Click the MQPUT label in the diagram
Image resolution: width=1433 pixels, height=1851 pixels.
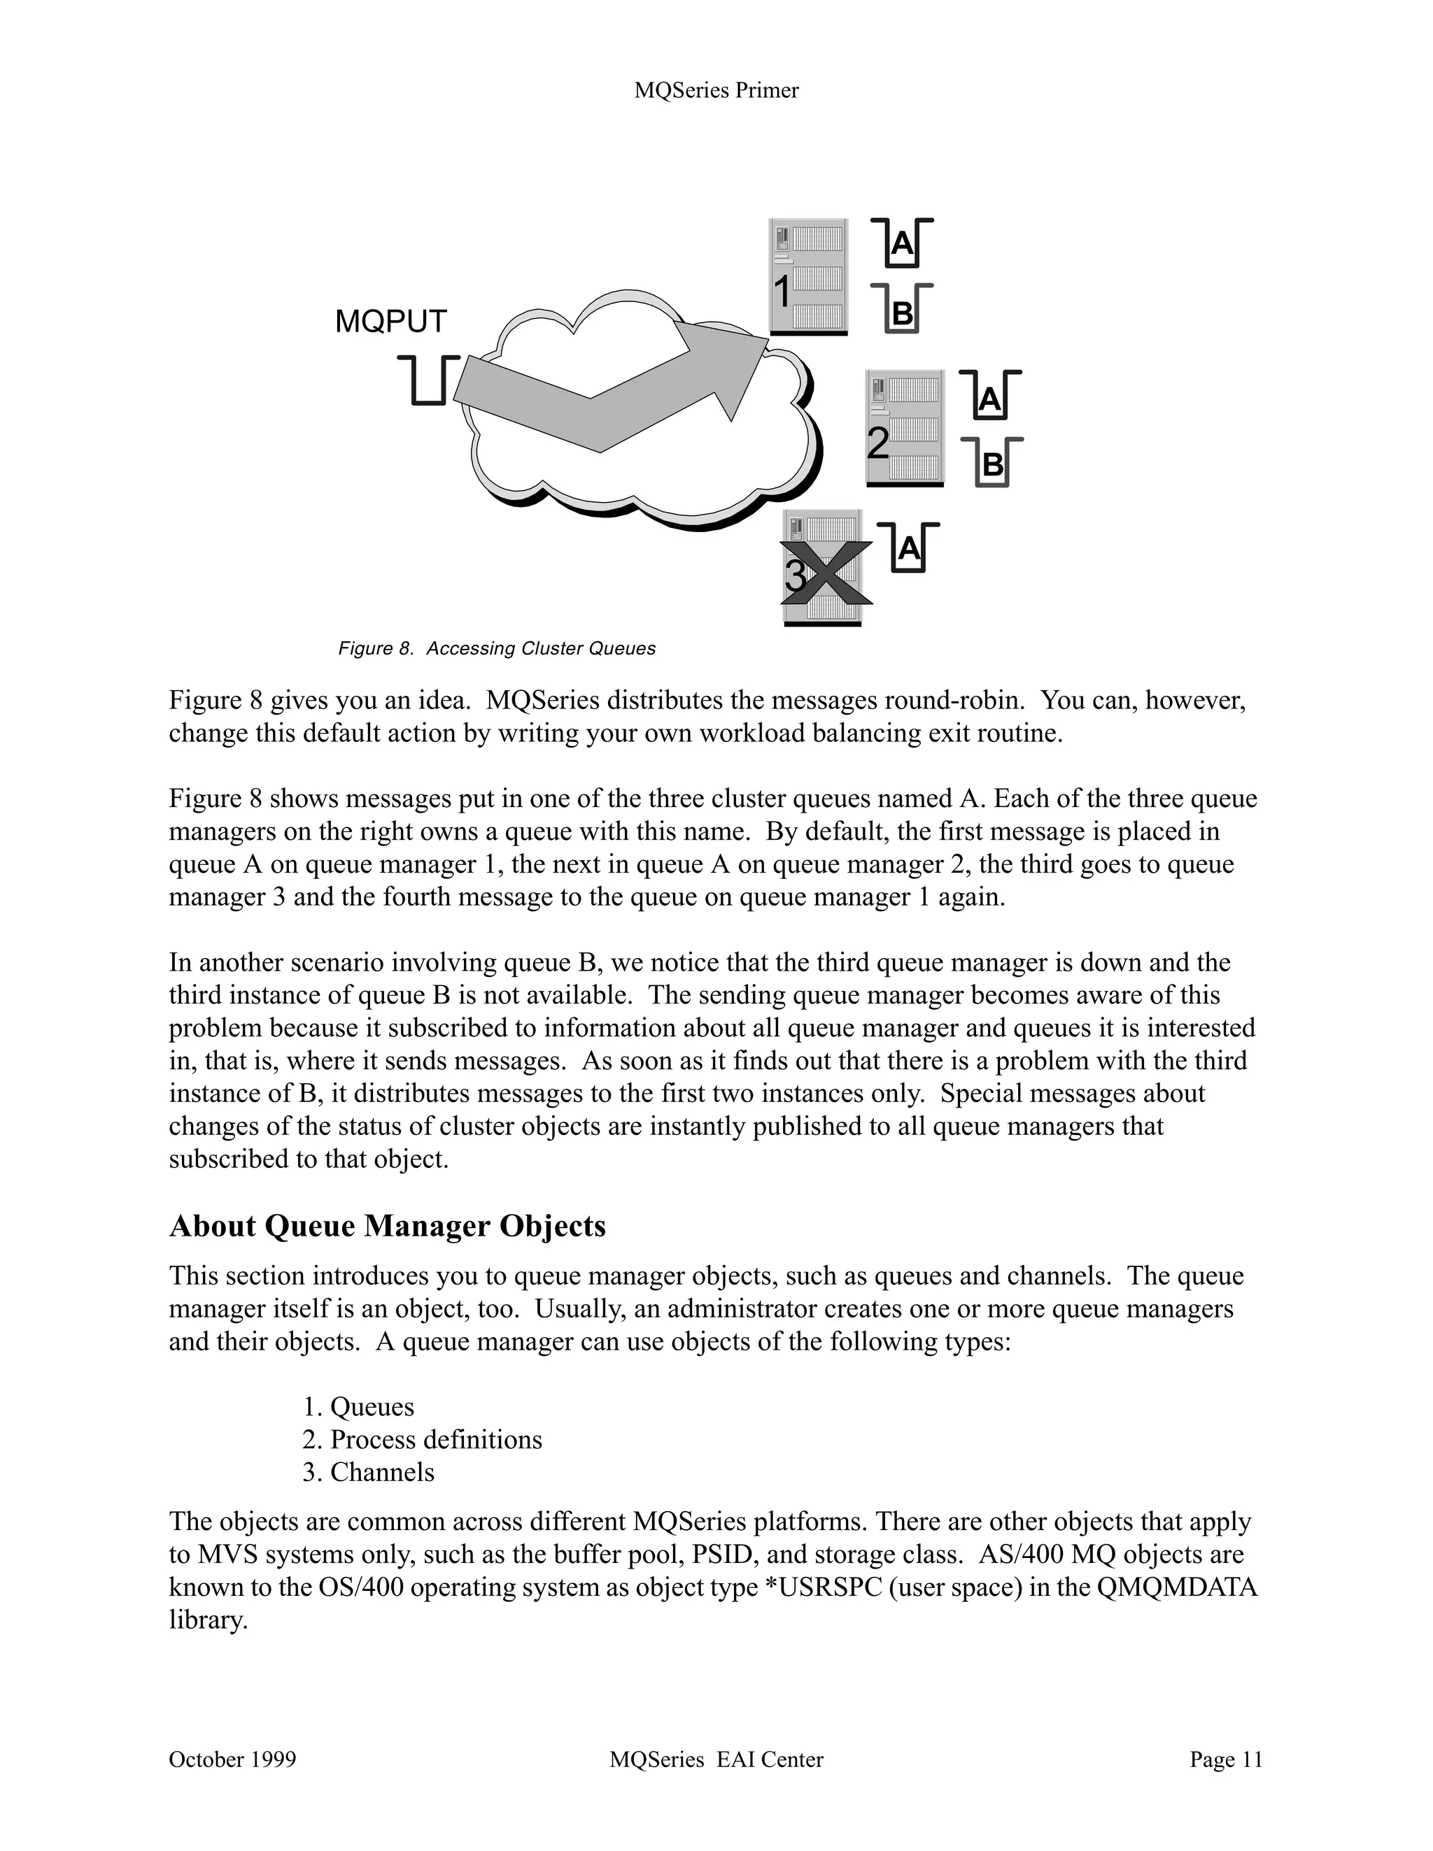(391, 322)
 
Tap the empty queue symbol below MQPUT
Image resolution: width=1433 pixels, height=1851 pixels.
(429, 380)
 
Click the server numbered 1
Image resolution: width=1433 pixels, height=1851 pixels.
(808, 276)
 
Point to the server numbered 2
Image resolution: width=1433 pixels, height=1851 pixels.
(904, 428)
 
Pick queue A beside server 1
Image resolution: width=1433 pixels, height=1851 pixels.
(902, 244)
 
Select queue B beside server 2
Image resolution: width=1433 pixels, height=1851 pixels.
(991, 463)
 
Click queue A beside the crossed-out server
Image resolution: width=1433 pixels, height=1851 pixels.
(908, 548)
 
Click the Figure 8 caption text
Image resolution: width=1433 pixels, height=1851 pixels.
(497, 648)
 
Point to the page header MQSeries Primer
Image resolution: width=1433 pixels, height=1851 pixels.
(716, 91)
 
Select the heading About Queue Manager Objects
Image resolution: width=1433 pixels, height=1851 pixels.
(388, 1227)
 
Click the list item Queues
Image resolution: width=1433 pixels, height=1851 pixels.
(372, 1407)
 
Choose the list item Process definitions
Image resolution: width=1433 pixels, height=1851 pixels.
(436, 1440)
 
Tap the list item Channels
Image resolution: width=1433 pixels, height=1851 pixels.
(381, 1472)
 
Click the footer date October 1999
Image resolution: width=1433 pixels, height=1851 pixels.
(232, 1760)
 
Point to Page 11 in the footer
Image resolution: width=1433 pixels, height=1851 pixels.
(1226, 1760)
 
